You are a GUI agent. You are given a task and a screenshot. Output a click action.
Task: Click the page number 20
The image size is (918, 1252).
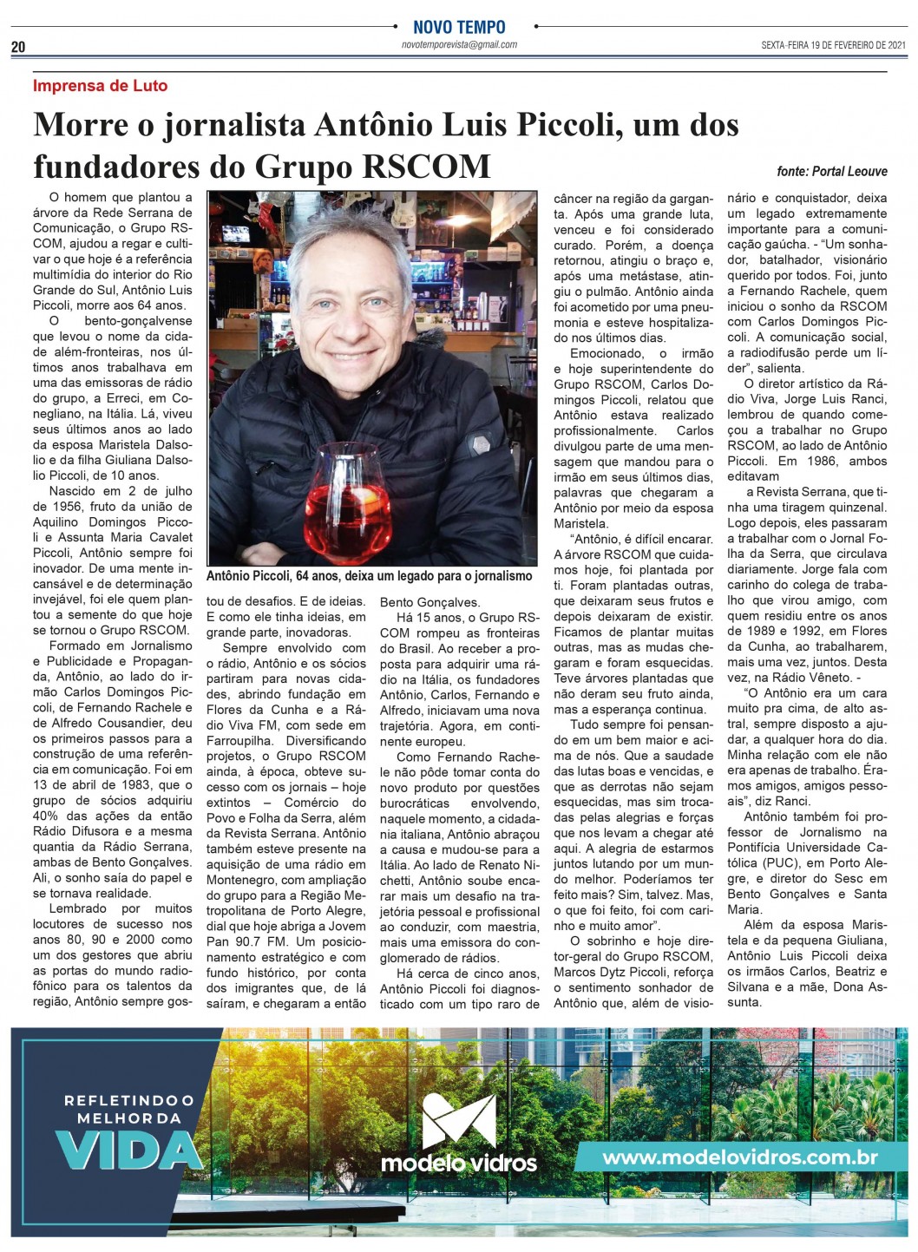pyautogui.click(x=18, y=48)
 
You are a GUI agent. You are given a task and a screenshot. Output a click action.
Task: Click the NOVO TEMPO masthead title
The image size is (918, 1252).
pyautogui.click(x=459, y=27)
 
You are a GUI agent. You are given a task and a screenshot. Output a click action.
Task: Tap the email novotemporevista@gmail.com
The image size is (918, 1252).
pyautogui.click(x=459, y=44)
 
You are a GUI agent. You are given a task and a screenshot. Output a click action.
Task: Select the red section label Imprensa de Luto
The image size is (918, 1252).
pyautogui.click(x=100, y=86)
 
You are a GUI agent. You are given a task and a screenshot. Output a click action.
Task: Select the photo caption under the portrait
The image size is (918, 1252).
pyautogui.click(x=369, y=575)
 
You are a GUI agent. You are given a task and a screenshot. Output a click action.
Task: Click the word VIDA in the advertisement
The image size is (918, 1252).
pyautogui.click(x=128, y=1151)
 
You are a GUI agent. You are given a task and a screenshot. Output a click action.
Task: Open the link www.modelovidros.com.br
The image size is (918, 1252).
pyautogui.click(x=739, y=1157)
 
